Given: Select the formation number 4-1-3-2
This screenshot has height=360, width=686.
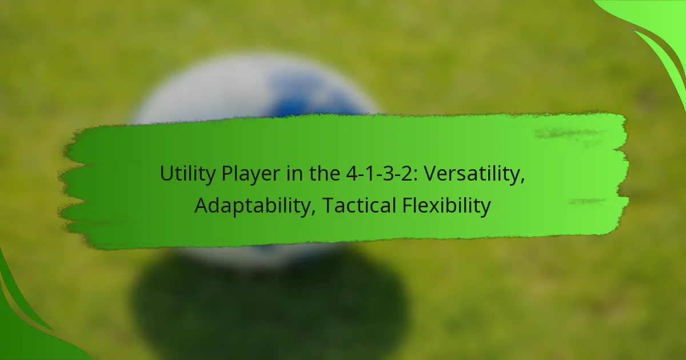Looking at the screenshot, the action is pyautogui.click(x=379, y=174).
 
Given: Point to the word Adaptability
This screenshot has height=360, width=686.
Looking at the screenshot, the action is pyautogui.click(x=252, y=206).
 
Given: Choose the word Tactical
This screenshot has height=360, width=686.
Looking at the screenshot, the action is pyautogui.click(x=359, y=205).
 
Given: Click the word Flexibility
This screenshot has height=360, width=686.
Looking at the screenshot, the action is pyautogui.click(x=446, y=206).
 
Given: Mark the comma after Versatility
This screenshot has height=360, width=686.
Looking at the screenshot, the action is pyautogui.click(x=523, y=181).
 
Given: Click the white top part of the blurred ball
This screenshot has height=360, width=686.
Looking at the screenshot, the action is pyautogui.click(x=208, y=89).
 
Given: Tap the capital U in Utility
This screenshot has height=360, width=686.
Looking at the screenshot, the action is pyautogui.click(x=167, y=174).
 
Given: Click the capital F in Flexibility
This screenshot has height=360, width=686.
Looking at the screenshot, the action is pyautogui.click(x=407, y=205).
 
